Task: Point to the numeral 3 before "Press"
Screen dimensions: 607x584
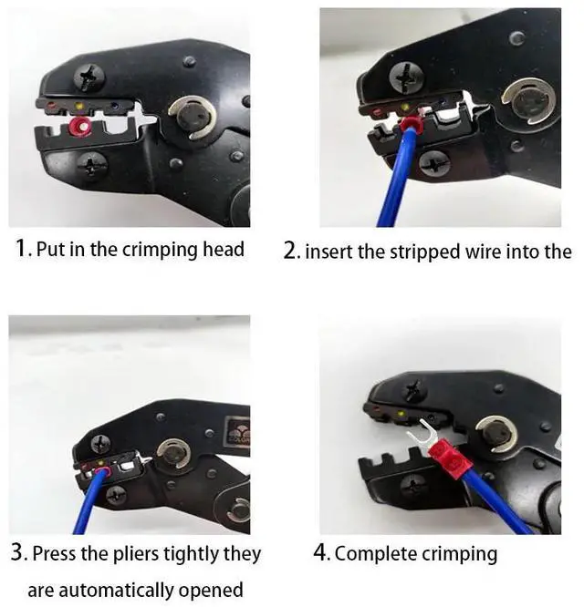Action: [18, 552]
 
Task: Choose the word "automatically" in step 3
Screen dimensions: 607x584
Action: [112, 590]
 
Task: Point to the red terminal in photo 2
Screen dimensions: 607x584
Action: [413, 122]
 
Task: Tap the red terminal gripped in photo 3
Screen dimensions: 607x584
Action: [101, 471]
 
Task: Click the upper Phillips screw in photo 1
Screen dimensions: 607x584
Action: [89, 77]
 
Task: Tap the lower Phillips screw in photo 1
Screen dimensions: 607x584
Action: [92, 167]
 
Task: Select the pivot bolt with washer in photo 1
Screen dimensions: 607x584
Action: [193, 118]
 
